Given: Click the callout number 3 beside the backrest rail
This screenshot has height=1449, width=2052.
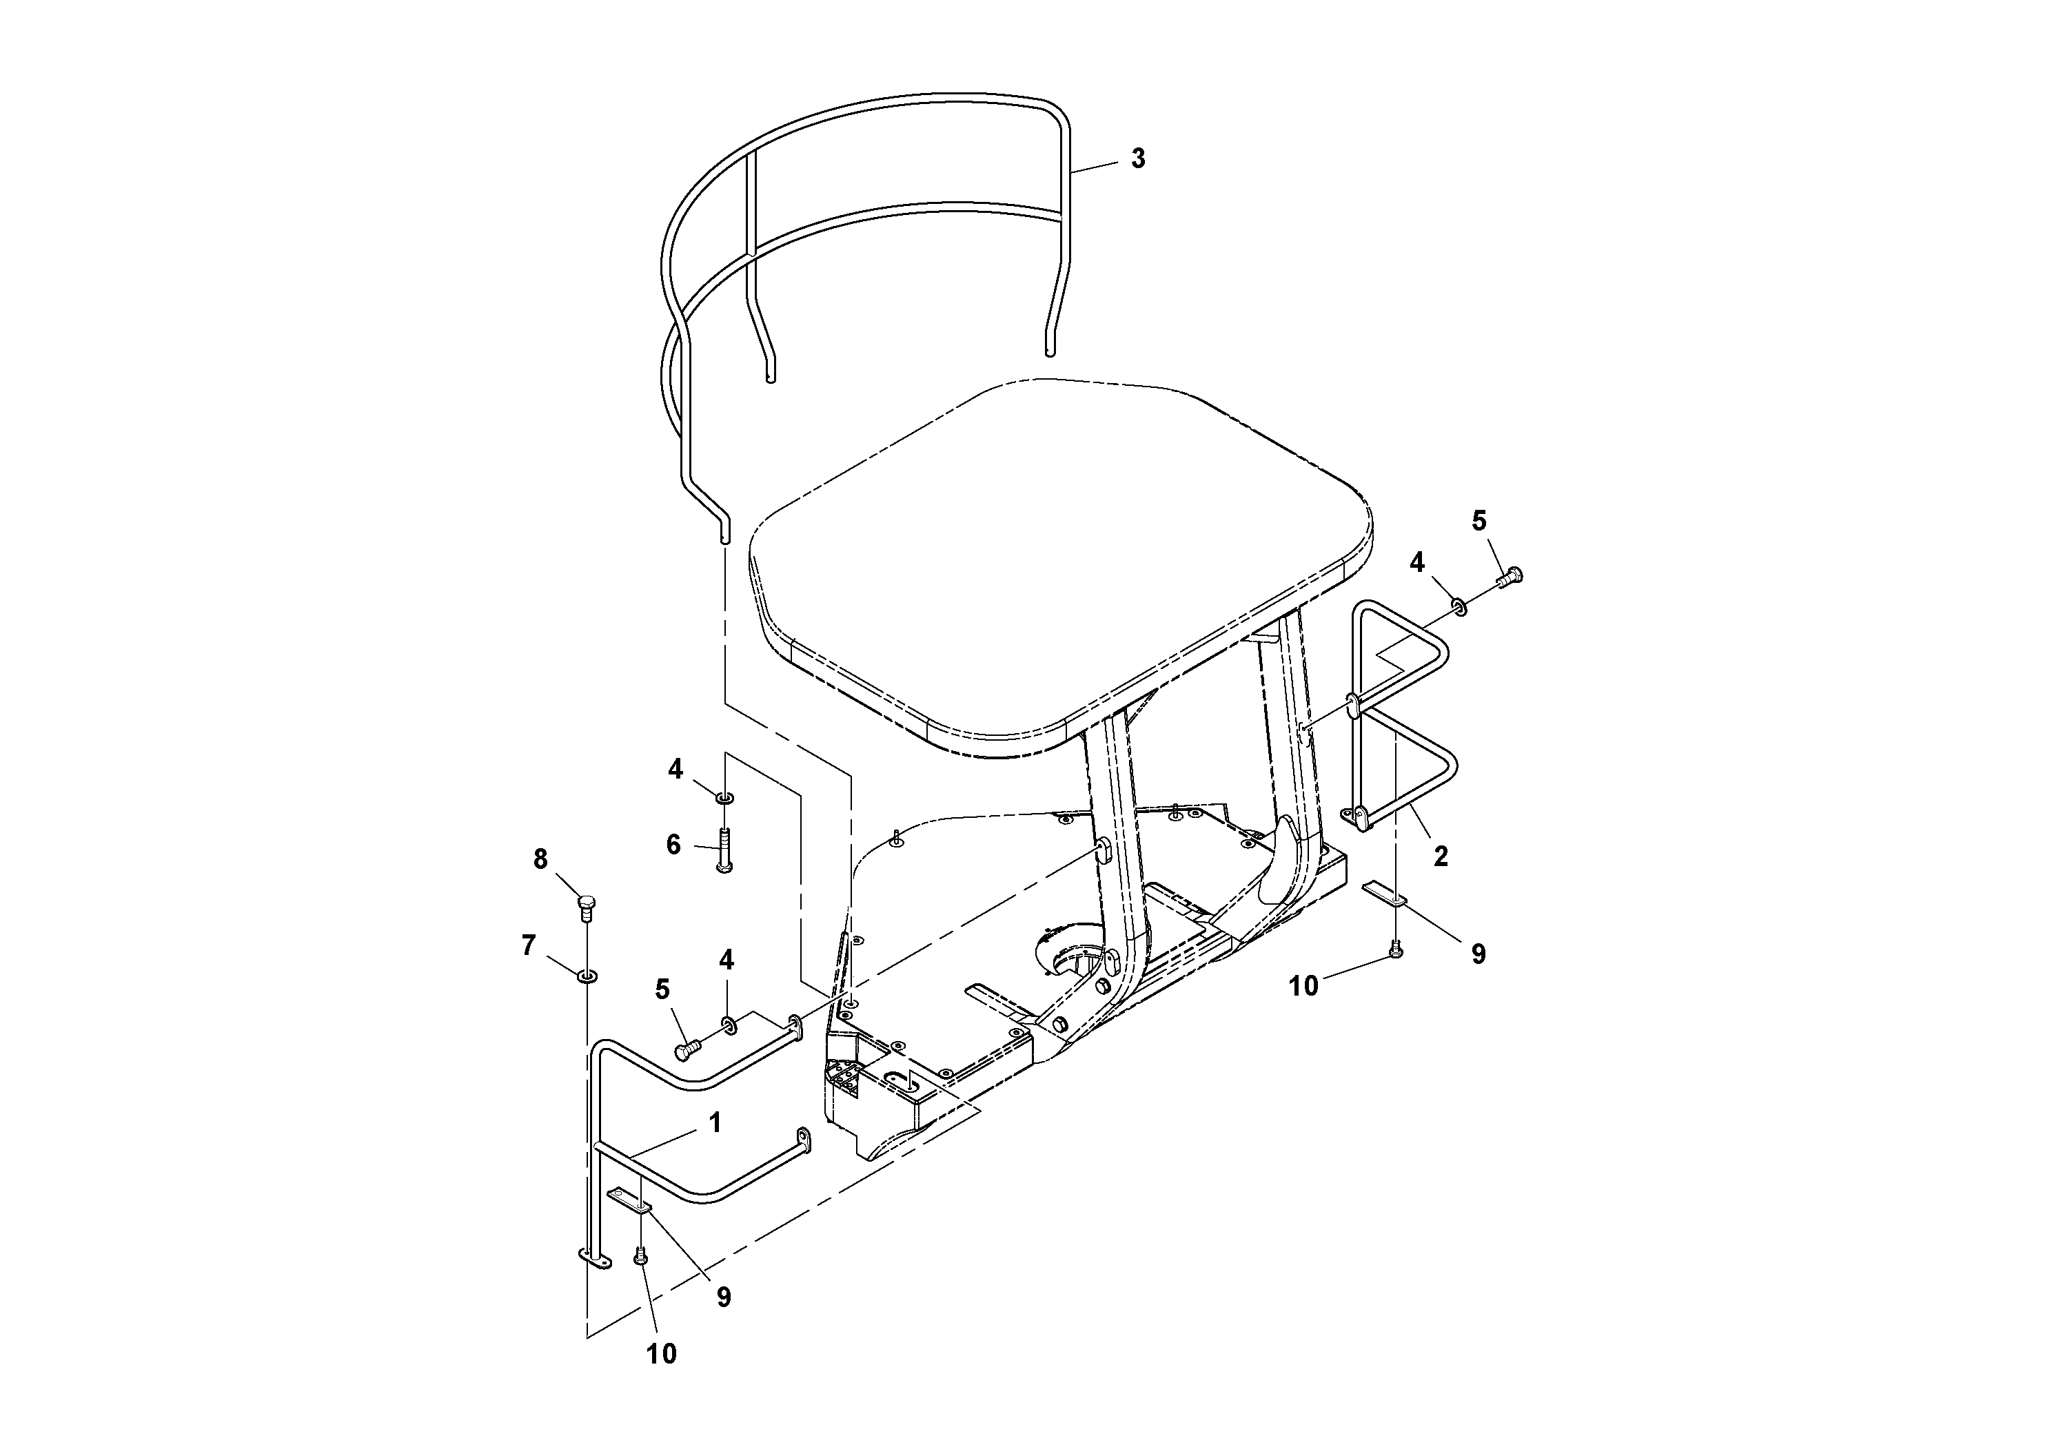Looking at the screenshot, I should (1138, 159).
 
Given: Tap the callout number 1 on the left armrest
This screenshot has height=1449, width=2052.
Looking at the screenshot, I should (714, 1122).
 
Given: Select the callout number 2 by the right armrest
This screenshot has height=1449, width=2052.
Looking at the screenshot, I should (1440, 856).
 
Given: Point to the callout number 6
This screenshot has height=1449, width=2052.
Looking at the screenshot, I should (674, 844).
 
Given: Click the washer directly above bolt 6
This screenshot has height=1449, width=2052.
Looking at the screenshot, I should (725, 795).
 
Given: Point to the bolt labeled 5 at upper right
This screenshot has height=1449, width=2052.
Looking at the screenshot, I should (1509, 577).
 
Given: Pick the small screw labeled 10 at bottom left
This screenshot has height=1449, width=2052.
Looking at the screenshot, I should (640, 1257).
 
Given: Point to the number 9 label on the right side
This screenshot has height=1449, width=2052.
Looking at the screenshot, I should (1479, 954).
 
